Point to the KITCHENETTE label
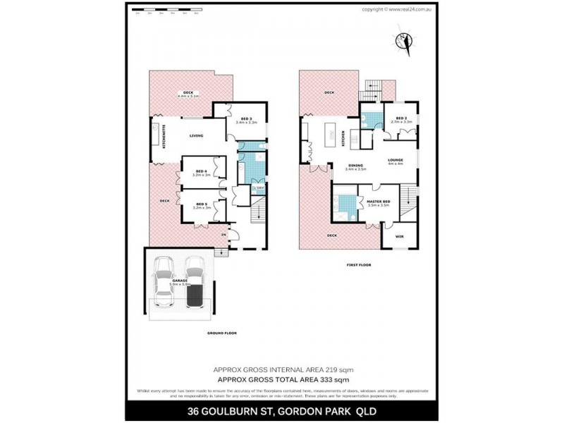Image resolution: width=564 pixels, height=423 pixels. [x=164, y=135]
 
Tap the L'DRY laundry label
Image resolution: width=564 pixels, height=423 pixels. [x=259, y=188]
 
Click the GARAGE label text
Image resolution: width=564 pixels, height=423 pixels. [x=180, y=280]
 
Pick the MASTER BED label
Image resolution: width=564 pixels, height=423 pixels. [x=379, y=202]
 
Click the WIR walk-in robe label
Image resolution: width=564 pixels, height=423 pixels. [x=399, y=237]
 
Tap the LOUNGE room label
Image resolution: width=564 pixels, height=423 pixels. [x=396, y=161]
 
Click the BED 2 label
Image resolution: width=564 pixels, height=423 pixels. [x=401, y=118]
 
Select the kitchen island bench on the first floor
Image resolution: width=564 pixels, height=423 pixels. [x=329, y=133]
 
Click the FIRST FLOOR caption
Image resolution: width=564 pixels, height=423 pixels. [x=358, y=265]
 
